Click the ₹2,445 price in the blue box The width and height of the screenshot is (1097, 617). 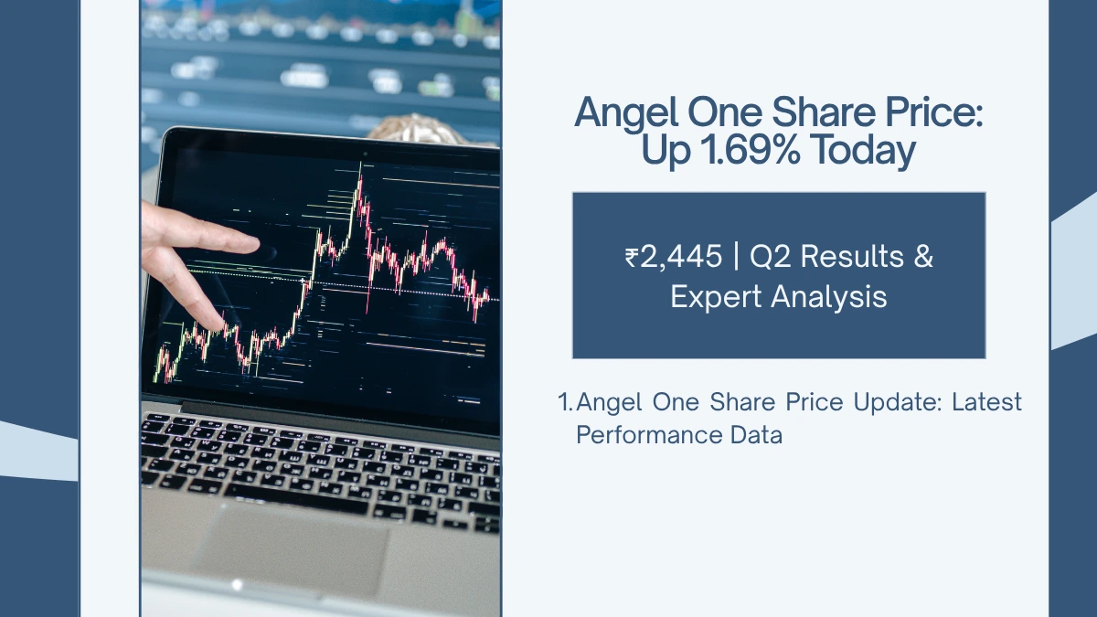(x=672, y=258)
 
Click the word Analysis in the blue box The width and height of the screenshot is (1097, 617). (x=834, y=297)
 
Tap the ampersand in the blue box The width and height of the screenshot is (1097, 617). (x=923, y=258)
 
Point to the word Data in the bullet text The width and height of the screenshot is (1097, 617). (x=758, y=434)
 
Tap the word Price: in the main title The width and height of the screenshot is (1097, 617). (x=923, y=113)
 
